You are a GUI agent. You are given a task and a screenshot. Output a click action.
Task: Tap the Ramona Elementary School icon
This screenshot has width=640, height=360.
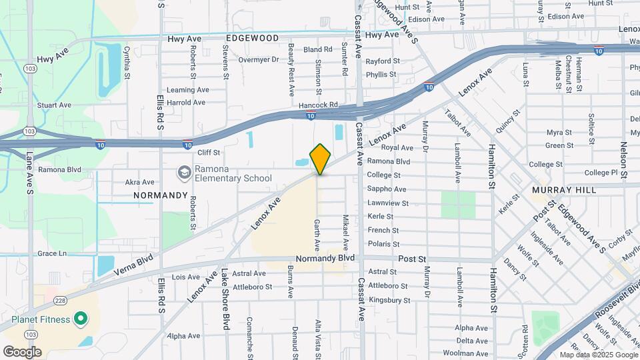coord(183,173)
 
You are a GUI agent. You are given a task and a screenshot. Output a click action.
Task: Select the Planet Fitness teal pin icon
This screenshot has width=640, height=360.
coord(81,319)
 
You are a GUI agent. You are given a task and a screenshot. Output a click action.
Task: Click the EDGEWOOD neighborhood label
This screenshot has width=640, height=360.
coord(252,39)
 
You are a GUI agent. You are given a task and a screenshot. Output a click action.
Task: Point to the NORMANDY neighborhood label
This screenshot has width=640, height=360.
coord(161,195)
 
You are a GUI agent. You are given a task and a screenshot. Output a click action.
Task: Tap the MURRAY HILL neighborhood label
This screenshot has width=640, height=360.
coord(563,190)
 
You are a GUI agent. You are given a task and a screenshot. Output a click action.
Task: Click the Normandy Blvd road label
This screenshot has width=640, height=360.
coord(325,257)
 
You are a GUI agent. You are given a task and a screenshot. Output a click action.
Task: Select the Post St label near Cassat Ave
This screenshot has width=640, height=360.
coord(412,257)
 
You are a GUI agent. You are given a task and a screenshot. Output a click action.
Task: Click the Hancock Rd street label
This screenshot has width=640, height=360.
coord(319,105)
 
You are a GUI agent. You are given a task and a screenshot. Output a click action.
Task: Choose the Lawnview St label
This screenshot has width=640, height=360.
coord(387,203)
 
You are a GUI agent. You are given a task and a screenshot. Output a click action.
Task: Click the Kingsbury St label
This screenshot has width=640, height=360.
coord(389,300)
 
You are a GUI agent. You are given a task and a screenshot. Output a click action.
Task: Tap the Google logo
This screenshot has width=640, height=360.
coord(22,351)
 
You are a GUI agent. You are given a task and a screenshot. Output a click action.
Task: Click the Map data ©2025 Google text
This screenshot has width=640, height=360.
coord(597,355)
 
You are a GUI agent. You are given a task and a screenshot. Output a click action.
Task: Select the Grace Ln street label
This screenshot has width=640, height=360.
coord(53,253)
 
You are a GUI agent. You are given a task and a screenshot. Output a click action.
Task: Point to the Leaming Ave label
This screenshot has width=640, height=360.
coord(188,90)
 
